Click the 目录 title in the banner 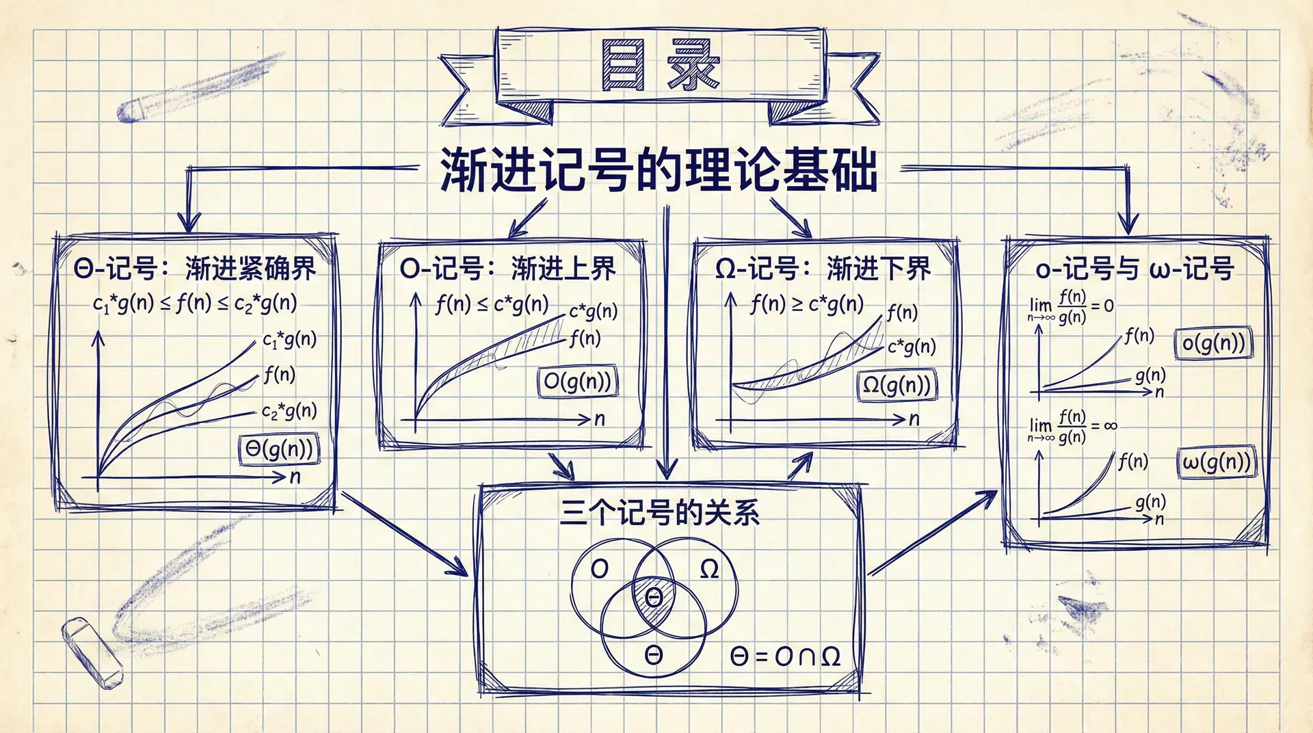pyautogui.click(x=660, y=66)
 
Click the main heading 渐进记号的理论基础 pyautogui.click(x=659, y=170)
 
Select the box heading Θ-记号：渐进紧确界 pyautogui.click(x=195, y=269)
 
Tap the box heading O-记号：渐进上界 pyautogui.click(x=508, y=269)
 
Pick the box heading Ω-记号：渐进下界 pyautogui.click(x=823, y=269)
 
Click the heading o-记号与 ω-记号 pyautogui.click(x=1135, y=269)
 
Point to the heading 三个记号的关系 pyautogui.click(x=659, y=512)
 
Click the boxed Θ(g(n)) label pyautogui.click(x=279, y=449)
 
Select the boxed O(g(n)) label pyautogui.click(x=578, y=382)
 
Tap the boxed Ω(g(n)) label pyautogui.click(x=897, y=386)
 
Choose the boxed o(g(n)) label pyautogui.click(x=1214, y=343)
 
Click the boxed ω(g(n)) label pyautogui.click(x=1217, y=462)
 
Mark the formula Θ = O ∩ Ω pyautogui.click(x=785, y=657)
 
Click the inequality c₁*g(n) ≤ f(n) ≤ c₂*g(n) pyautogui.click(x=195, y=303)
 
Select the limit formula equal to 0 pyautogui.click(x=1070, y=306)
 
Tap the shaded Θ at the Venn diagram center pyautogui.click(x=654, y=598)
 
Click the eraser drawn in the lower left pyautogui.click(x=92, y=652)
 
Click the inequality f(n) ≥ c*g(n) pyautogui.click(x=807, y=304)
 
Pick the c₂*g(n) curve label pyautogui.click(x=289, y=411)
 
